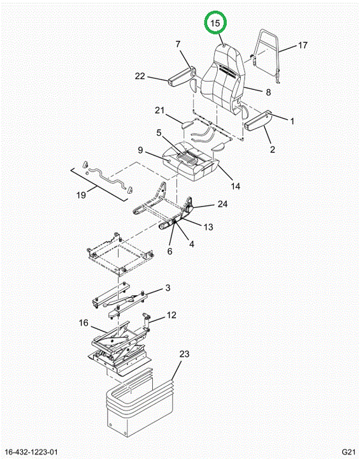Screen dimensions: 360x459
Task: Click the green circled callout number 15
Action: click(x=215, y=23)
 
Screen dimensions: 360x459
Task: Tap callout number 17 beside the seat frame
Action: click(x=303, y=45)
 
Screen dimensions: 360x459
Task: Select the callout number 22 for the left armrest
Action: click(x=140, y=76)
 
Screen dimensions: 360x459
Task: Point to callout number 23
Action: click(x=184, y=354)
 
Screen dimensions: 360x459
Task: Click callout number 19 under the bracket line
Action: click(x=81, y=194)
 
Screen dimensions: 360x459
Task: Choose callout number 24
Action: click(x=222, y=204)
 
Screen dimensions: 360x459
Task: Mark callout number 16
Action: click(x=83, y=323)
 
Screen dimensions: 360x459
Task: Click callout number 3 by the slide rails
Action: click(x=168, y=288)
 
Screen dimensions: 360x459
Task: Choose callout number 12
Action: click(x=171, y=315)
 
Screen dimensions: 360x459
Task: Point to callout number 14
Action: click(x=235, y=186)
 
